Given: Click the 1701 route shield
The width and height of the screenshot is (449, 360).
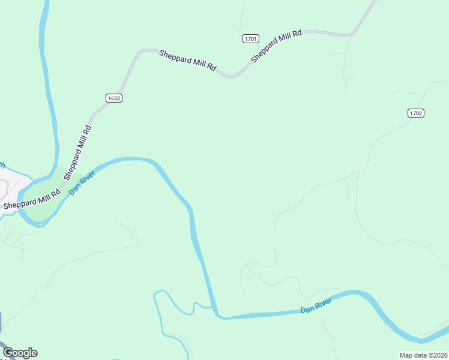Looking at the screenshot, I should pos(251,39).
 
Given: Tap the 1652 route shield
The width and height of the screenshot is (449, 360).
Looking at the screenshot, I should pos(114,98).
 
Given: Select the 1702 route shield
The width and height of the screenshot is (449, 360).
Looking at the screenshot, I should pos(416,113).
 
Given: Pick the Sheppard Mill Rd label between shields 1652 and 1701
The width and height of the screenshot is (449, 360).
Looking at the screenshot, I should pos(187,61).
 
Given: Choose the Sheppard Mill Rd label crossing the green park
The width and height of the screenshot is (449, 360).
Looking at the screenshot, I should pos(31,200).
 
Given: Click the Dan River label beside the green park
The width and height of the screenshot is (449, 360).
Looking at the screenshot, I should pos(82,182).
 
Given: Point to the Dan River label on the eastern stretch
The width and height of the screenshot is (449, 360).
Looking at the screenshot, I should pos(316,307).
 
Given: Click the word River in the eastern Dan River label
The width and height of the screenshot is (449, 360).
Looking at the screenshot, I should pos(324,305).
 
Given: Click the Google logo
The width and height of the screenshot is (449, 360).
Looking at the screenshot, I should pos(20,353).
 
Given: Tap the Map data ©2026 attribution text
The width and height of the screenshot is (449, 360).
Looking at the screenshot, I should pos(423,355).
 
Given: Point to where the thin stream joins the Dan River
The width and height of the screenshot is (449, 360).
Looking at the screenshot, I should pos(212,308).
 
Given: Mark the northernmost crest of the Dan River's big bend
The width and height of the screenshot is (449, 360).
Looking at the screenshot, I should pos(132,159).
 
